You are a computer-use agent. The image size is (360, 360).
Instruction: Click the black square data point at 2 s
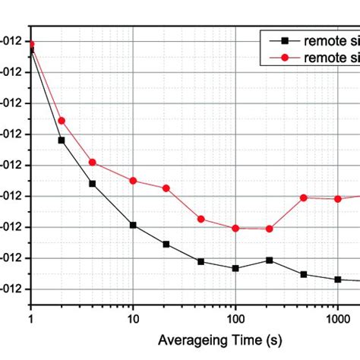point(62,140)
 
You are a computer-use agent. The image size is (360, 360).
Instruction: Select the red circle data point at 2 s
point(62,120)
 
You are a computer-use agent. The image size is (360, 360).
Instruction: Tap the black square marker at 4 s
point(93,184)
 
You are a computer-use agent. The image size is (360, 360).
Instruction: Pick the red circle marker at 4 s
point(93,163)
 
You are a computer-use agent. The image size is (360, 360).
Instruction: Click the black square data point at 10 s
point(133,225)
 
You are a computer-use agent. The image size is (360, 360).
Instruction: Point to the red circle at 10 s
point(133,181)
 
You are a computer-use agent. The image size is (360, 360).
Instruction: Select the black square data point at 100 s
point(235,268)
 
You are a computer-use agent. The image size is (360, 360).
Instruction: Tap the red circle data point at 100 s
point(235,228)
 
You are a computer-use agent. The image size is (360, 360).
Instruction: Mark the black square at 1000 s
point(338,279)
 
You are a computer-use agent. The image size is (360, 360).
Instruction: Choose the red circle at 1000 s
point(338,199)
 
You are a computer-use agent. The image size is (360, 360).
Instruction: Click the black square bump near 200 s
point(270,260)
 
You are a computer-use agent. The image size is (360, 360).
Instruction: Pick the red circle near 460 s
point(304,197)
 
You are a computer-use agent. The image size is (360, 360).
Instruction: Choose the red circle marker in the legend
point(283,58)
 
